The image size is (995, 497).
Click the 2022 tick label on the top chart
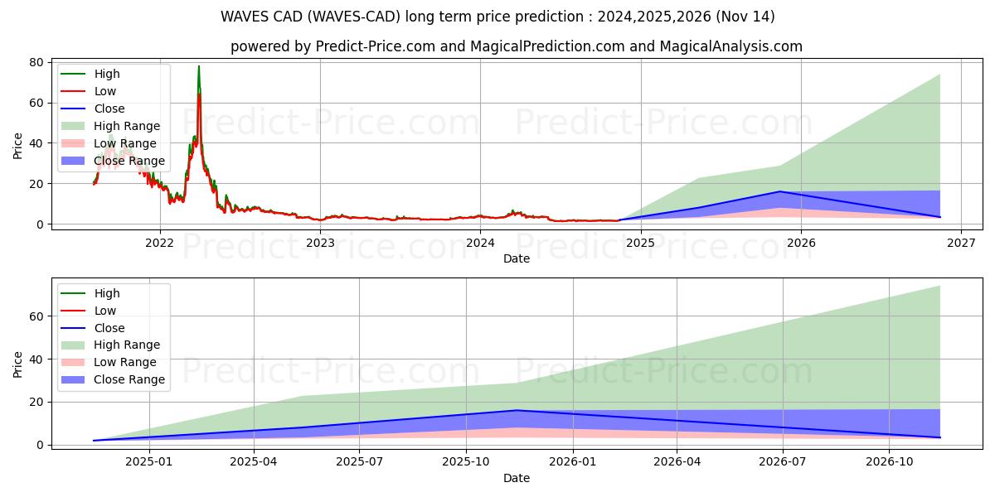[159, 243]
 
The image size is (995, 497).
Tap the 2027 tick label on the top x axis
[961, 243]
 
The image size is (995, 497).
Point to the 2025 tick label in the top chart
[640, 243]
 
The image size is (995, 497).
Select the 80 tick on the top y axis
[36, 63]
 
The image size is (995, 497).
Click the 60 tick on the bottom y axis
[36, 316]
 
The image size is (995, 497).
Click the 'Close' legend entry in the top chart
[109, 109]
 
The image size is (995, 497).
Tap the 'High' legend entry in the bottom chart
[107, 293]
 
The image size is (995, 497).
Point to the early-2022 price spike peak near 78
[199, 66]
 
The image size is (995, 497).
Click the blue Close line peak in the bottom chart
[516, 410]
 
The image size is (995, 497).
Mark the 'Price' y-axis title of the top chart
[18, 145]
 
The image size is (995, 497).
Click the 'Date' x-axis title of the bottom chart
[516, 478]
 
